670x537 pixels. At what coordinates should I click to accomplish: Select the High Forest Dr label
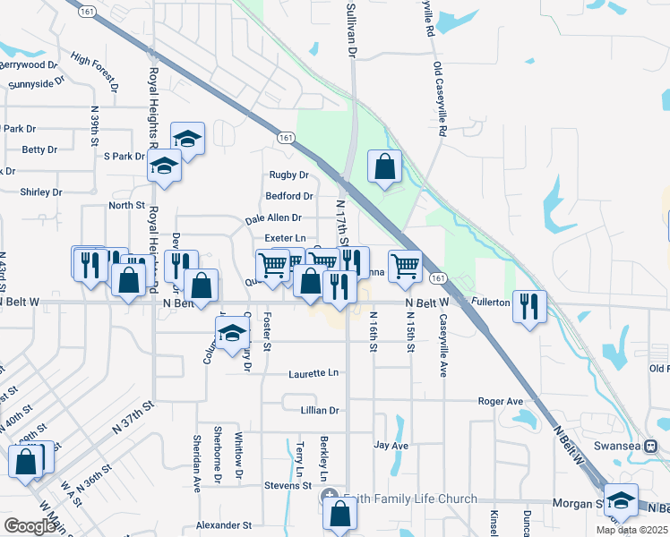[95, 72]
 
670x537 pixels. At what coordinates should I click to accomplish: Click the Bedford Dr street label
[288, 196]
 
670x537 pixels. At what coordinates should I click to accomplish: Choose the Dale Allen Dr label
[273, 217]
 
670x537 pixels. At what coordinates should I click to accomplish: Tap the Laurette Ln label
[314, 372]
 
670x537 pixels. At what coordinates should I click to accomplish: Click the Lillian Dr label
[322, 410]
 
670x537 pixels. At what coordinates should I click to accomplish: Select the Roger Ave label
[500, 402]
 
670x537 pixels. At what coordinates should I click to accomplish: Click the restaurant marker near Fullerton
[529, 305]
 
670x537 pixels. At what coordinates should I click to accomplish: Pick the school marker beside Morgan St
[620, 499]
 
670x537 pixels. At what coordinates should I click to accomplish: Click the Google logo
[30, 526]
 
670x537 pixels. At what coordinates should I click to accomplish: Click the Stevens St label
[287, 486]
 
